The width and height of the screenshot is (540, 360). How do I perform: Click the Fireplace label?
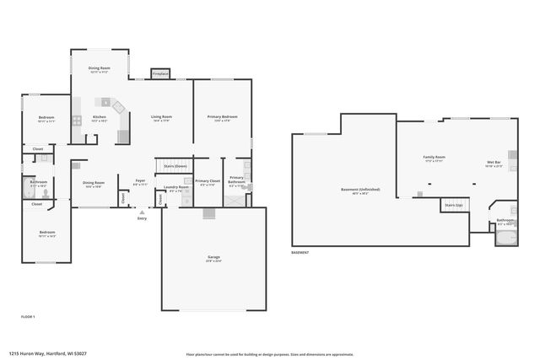coord(160,74)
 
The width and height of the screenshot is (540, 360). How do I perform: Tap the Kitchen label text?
coord(100,116)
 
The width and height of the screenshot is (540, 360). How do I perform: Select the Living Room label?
coord(162,116)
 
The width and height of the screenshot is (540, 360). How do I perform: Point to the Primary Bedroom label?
coord(222,116)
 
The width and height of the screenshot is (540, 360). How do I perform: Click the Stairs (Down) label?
coord(169,167)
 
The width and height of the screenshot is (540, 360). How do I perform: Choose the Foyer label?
coord(140,180)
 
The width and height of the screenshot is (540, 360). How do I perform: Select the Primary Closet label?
coord(208,181)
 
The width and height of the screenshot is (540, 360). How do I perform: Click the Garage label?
coord(214,257)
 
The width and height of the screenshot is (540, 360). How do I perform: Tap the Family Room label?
coord(435,157)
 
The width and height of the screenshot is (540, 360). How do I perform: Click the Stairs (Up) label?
coord(452,205)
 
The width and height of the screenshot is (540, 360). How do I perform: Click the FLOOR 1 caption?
coord(28,316)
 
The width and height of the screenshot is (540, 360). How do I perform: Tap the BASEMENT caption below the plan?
coord(300,253)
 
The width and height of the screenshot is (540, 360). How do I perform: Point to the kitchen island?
coord(106,102)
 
